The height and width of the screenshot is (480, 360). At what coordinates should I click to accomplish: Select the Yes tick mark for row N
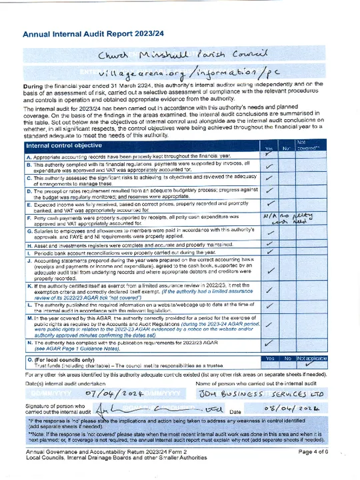click(269, 343)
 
